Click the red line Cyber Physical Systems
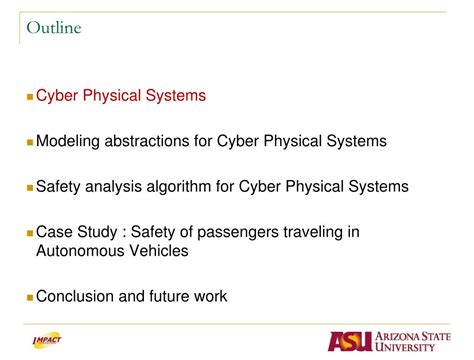coord(121,96)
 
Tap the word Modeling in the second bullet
coord(68,141)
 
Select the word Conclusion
coord(77,296)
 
